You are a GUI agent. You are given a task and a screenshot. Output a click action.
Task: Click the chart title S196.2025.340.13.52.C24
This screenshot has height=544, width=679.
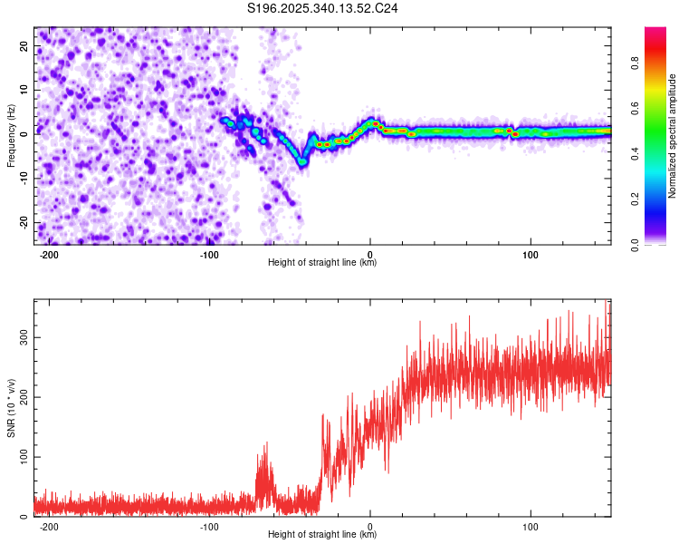[323, 8]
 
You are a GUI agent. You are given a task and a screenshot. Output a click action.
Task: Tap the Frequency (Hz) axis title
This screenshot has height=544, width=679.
[11, 135]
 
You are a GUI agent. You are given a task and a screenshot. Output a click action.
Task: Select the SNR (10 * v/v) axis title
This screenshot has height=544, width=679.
[11, 408]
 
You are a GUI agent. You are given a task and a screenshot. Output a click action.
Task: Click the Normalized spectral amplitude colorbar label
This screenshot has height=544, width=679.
[673, 135]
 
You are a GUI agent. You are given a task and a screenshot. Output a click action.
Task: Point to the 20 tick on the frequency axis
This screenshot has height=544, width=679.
[25, 48]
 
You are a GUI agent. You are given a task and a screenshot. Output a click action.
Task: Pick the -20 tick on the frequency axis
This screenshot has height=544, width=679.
[24, 222]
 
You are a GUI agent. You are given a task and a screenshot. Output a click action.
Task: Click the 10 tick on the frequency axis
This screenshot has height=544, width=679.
[25, 92]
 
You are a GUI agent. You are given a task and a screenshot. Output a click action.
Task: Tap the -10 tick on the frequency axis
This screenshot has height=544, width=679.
[24, 179]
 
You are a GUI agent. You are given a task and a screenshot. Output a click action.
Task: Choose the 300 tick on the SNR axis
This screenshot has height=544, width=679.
[22, 336]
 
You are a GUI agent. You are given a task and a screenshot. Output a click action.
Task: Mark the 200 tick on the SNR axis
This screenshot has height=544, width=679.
[22, 396]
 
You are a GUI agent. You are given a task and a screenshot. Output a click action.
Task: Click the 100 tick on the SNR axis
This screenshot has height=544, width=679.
[22, 456]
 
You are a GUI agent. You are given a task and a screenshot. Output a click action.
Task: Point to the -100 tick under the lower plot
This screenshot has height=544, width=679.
[209, 526]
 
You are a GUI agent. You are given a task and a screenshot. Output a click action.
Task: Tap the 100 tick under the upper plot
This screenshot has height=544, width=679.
[531, 254]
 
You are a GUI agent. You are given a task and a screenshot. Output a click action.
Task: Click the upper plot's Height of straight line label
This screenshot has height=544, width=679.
[322, 263]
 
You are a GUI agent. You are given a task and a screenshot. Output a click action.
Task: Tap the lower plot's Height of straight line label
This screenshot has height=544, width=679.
[322, 535]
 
